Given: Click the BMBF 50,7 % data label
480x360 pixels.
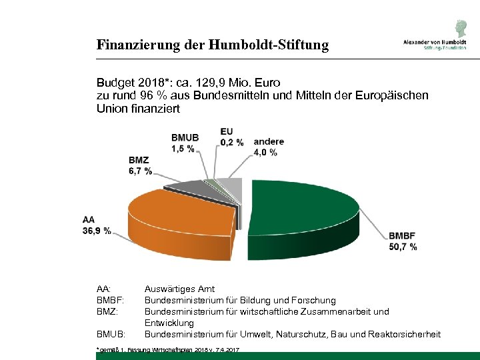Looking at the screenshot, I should (x=403, y=241).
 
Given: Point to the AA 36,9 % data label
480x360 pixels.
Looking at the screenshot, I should (x=97, y=225).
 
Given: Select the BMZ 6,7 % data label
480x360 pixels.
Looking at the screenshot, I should (x=140, y=165).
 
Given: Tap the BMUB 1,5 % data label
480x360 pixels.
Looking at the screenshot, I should (x=184, y=143).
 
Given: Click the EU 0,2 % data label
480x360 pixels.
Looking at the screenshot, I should (x=231, y=137).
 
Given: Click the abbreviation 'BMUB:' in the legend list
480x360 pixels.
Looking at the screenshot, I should (x=111, y=333).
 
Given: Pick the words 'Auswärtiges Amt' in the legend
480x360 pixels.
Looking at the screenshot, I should (x=179, y=289).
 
